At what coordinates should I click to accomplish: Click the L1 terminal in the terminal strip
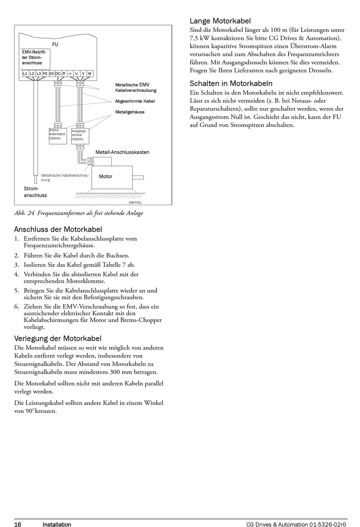(x=25, y=74)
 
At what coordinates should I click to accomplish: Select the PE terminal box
(x=45, y=74)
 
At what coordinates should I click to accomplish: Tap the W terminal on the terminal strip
(x=89, y=74)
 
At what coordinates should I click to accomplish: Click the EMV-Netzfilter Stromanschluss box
(x=35, y=59)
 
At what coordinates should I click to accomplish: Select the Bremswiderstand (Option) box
(x=58, y=136)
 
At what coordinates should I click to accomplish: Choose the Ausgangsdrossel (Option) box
(x=80, y=136)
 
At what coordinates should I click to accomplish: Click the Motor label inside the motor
(x=106, y=176)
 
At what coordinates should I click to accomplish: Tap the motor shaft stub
(x=138, y=177)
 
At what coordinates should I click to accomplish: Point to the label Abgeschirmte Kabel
(x=135, y=101)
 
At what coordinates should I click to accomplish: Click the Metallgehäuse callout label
(x=130, y=112)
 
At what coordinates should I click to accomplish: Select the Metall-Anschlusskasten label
(x=122, y=152)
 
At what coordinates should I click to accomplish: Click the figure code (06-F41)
(x=135, y=202)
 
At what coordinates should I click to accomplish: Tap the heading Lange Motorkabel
(x=220, y=21)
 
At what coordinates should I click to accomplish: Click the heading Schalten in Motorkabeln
(x=231, y=83)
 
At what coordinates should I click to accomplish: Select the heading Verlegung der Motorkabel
(x=58, y=339)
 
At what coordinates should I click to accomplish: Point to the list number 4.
(x=16, y=274)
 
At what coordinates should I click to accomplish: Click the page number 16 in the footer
(x=18, y=524)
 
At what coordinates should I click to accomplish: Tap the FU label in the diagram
(x=55, y=44)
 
